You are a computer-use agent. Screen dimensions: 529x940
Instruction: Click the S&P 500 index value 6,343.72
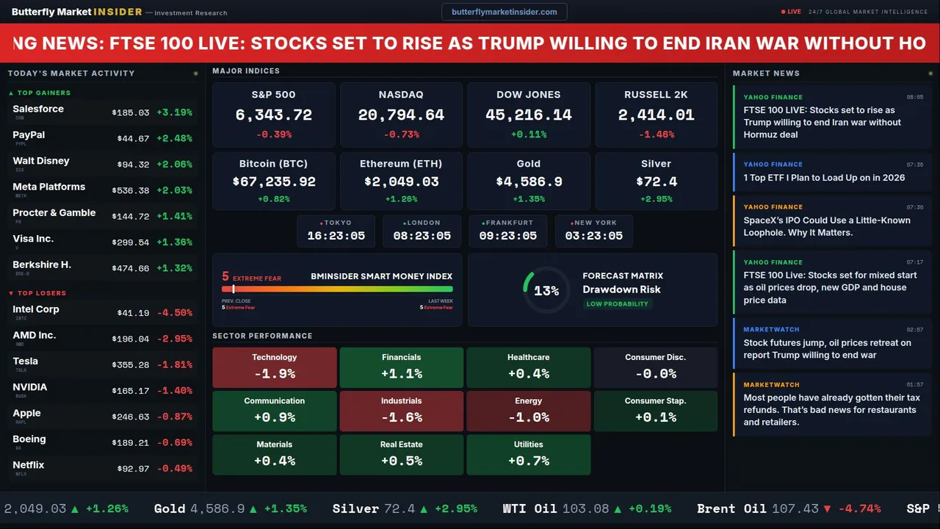coord(273,115)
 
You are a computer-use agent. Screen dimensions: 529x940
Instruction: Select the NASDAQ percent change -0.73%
coord(401,134)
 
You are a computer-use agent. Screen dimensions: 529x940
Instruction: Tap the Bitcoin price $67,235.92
coord(273,181)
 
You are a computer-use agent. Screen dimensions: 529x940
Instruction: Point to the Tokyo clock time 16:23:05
coord(336,236)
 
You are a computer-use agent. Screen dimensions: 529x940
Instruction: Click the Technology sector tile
coord(274,367)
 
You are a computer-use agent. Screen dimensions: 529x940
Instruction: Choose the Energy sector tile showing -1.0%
coord(528,411)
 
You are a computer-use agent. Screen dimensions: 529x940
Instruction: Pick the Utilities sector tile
coord(528,454)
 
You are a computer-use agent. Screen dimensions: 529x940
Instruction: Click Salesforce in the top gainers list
coord(38,109)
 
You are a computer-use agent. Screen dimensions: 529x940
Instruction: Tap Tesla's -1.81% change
coord(177,365)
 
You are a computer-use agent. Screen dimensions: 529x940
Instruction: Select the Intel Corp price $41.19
coord(133,313)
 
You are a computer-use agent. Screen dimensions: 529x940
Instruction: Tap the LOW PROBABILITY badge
coord(617,304)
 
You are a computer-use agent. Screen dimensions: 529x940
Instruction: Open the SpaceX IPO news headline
coord(826,226)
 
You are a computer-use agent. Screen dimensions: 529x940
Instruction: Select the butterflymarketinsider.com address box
coord(504,12)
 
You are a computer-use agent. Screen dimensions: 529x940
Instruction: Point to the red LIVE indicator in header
coord(792,12)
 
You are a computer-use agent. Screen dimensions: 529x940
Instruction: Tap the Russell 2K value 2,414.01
coord(656,115)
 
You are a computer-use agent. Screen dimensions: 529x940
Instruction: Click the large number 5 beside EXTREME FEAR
coord(225,277)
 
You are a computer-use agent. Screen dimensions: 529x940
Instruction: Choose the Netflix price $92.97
coord(133,469)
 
